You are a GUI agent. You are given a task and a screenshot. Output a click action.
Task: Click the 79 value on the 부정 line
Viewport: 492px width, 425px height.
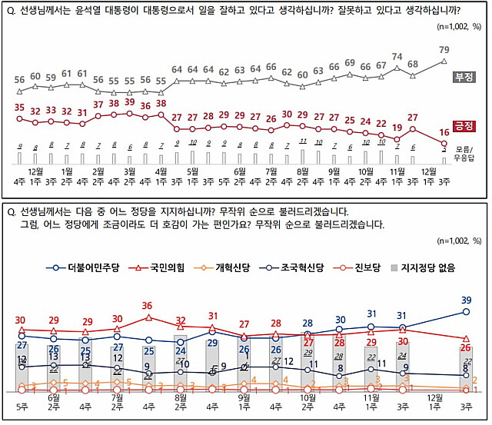[444, 50]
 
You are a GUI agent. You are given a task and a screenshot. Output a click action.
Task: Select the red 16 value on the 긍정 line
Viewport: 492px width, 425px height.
[444, 131]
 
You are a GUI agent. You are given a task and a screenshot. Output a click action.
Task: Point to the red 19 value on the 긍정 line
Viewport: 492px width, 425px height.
[397, 127]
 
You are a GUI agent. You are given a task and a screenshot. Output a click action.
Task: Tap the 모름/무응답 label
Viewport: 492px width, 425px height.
[468, 151]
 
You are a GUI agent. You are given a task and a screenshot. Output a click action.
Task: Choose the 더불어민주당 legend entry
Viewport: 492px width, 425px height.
[91, 267]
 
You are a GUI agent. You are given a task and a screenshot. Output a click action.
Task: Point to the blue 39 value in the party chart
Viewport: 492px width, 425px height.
[466, 300]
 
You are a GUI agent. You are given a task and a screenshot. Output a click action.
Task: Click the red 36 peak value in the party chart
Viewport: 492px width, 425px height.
[148, 306]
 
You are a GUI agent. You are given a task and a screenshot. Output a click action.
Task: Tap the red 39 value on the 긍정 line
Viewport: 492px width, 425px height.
[129, 102]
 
